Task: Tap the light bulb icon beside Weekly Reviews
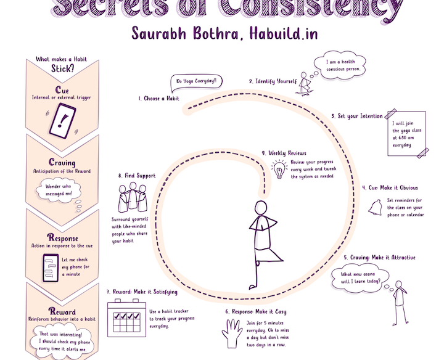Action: pos(280,168)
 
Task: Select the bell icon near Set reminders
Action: pos(374,209)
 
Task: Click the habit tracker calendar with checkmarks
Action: pos(126,317)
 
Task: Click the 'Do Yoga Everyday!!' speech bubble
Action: pos(196,81)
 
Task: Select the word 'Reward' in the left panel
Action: pos(62,311)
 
